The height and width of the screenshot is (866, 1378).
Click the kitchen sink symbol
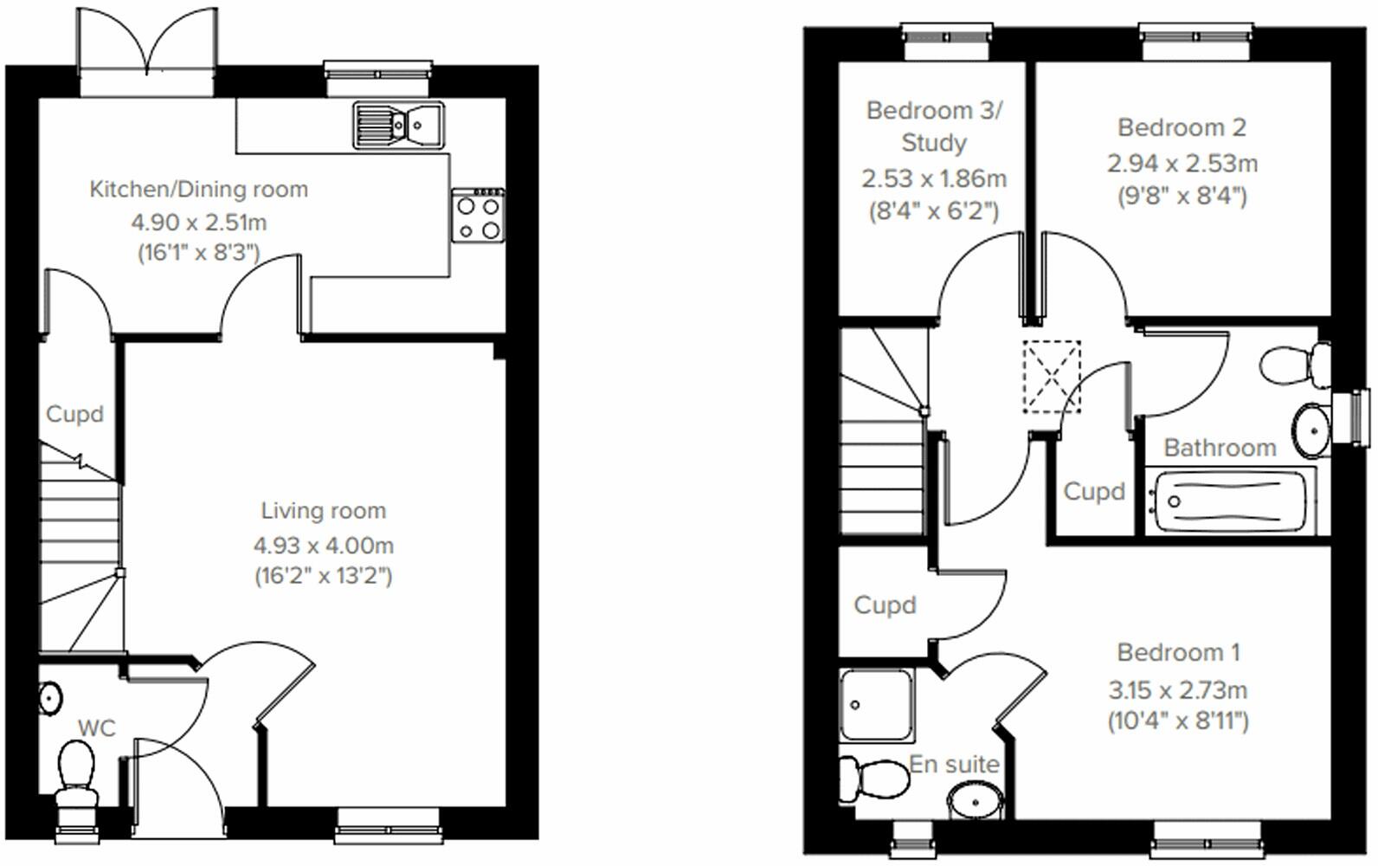click(x=398, y=126)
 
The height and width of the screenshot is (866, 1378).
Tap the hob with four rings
click(x=478, y=216)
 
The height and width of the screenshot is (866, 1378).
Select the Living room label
click(x=324, y=511)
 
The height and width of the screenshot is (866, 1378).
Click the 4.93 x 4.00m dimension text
click(x=324, y=546)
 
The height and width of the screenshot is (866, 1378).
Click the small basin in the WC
click(x=50, y=697)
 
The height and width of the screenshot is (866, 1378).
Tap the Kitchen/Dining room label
click(x=199, y=189)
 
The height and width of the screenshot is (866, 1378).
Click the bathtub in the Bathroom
click(x=1229, y=501)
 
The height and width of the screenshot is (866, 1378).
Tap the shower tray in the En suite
click(x=876, y=704)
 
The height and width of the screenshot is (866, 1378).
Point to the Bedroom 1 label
click(x=1178, y=652)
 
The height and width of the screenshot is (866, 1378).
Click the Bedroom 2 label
click(x=1182, y=127)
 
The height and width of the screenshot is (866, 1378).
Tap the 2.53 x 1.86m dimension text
click(x=934, y=178)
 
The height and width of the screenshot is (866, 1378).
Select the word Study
click(x=934, y=143)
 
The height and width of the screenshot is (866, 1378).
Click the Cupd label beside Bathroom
click(x=1094, y=492)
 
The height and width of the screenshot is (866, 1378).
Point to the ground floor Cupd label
click(x=74, y=414)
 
